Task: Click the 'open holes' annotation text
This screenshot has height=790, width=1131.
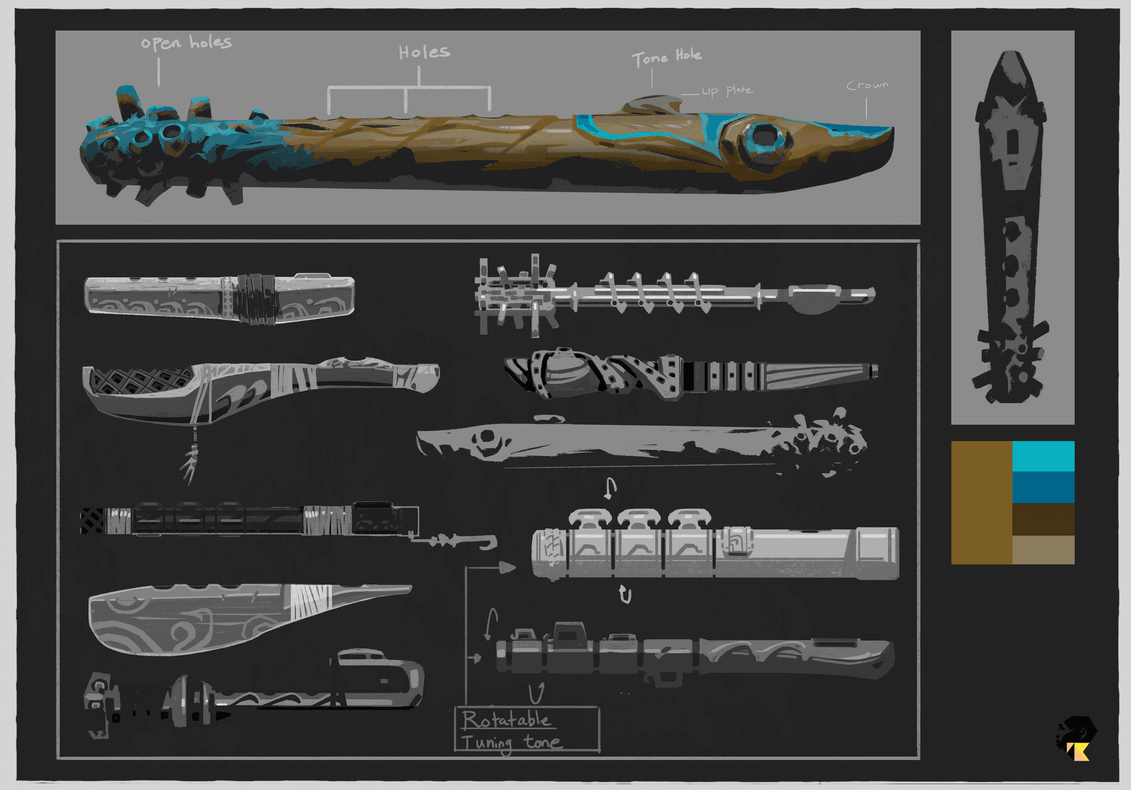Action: [186, 43]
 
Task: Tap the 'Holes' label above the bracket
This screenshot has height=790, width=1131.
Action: [424, 52]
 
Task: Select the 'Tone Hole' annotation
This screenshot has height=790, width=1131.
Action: [667, 56]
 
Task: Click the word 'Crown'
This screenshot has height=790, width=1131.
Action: [868, 85]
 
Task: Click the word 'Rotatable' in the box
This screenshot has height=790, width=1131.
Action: [506, 720]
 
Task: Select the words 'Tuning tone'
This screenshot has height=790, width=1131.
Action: [511, 742]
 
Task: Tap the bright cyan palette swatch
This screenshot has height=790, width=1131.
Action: [1043, 456]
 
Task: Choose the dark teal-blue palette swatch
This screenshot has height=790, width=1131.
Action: [1043, 487]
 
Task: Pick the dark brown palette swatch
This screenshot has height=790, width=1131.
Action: [1043, 519]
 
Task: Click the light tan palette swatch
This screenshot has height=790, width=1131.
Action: [1043, 550]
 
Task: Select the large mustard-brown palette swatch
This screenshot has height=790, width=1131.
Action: [981, 502]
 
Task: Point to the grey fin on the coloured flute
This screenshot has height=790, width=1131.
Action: [654, 104]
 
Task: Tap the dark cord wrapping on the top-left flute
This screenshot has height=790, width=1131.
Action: [256, 299]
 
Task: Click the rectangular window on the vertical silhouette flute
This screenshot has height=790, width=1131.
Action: [1013, 142]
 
